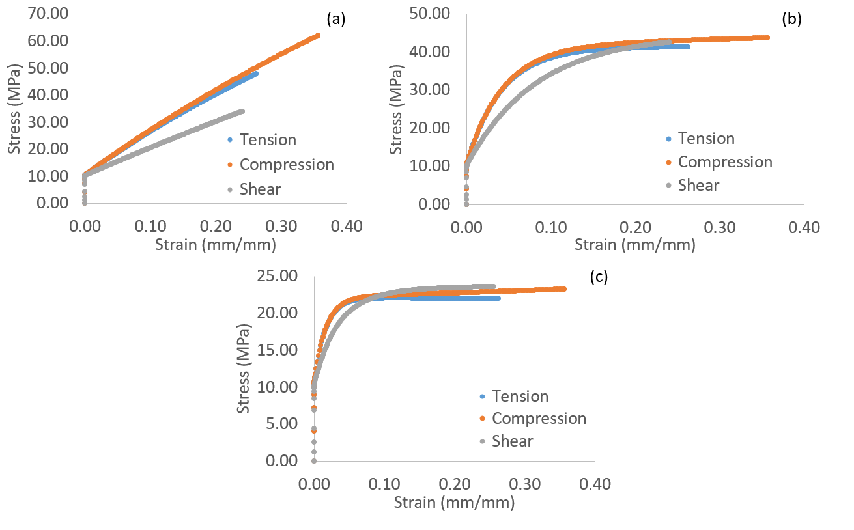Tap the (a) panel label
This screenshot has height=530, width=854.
[x=336, y=19]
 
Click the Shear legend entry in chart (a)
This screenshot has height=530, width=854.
[x=260, y=189]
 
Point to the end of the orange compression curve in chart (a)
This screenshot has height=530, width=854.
[x=317, y=35]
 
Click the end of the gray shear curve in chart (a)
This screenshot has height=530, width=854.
[x=242, y=111]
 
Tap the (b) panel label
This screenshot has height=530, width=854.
[x=791, y=19]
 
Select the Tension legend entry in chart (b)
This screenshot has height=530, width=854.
[x=706, y=139]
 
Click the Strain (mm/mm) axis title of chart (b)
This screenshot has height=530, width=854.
[x=634, y=245]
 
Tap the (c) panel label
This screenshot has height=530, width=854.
[x=598, y=277]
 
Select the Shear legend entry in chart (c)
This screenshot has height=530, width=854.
[x=512, y=441]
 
